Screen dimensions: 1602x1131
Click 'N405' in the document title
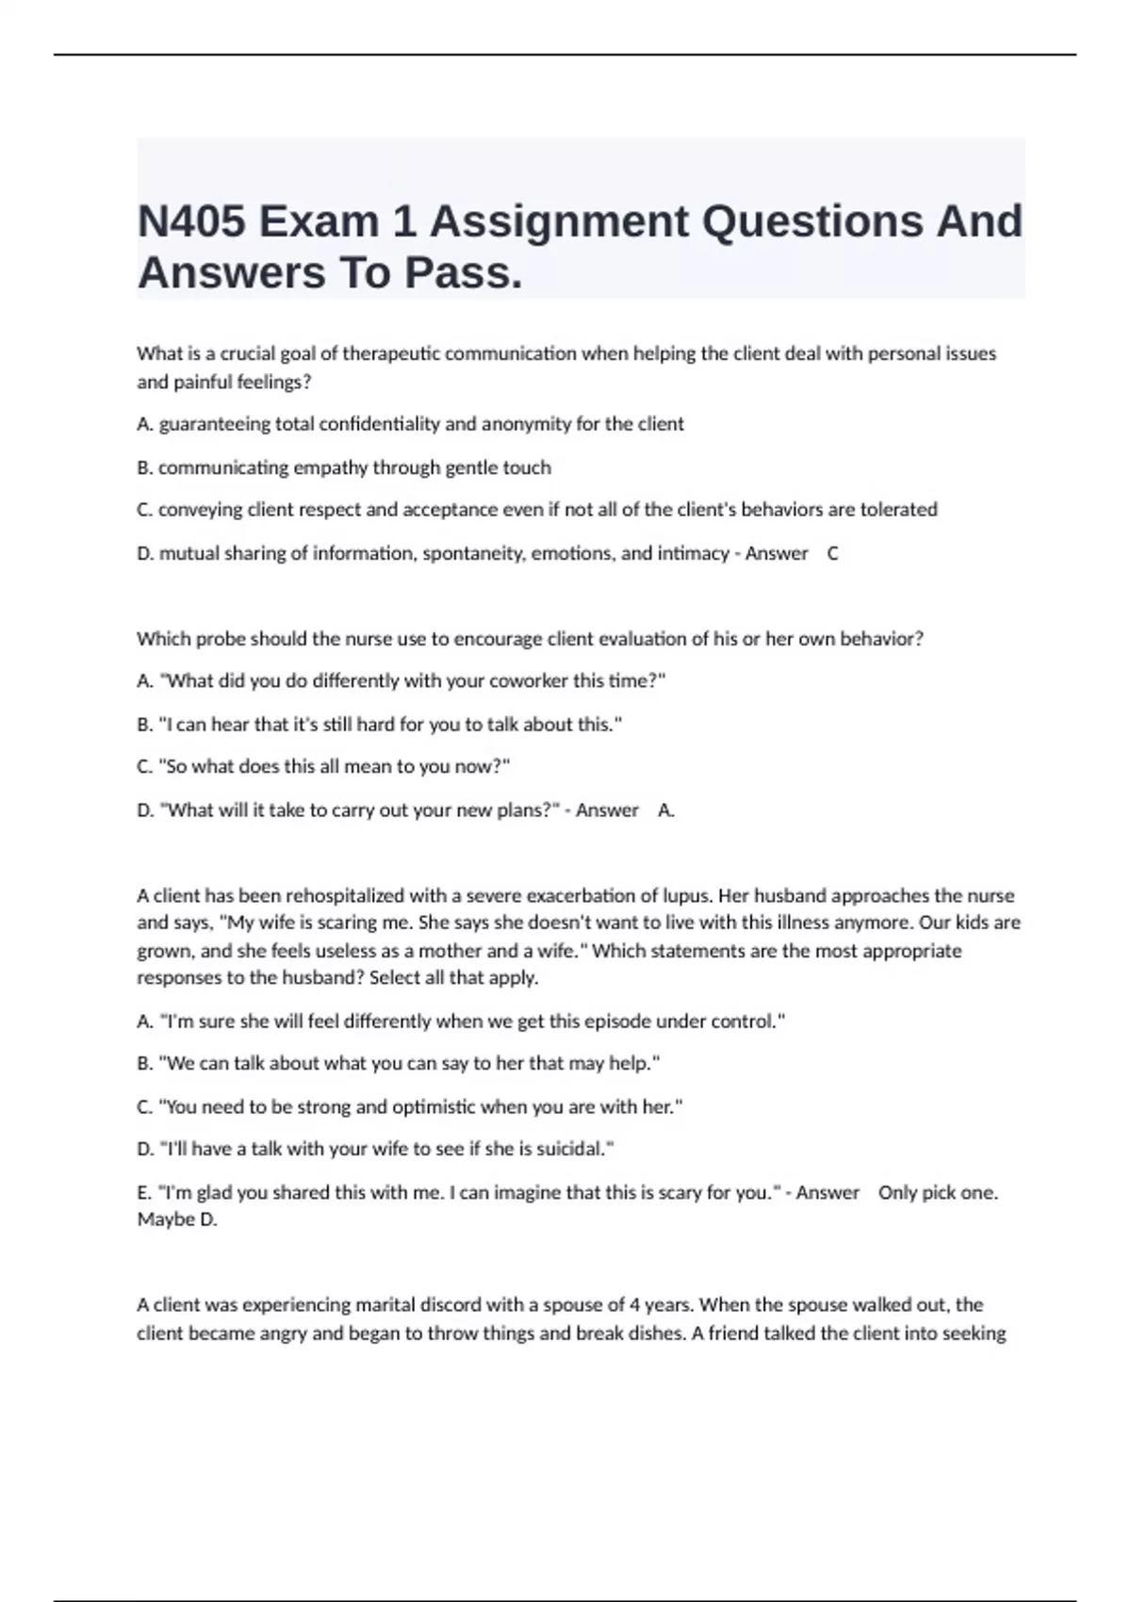[192, 222]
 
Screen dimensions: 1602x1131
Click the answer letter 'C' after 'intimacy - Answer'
[832, 553]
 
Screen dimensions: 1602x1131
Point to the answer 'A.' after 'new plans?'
[665, 810]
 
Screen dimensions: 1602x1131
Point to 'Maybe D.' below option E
[177, 1219]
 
